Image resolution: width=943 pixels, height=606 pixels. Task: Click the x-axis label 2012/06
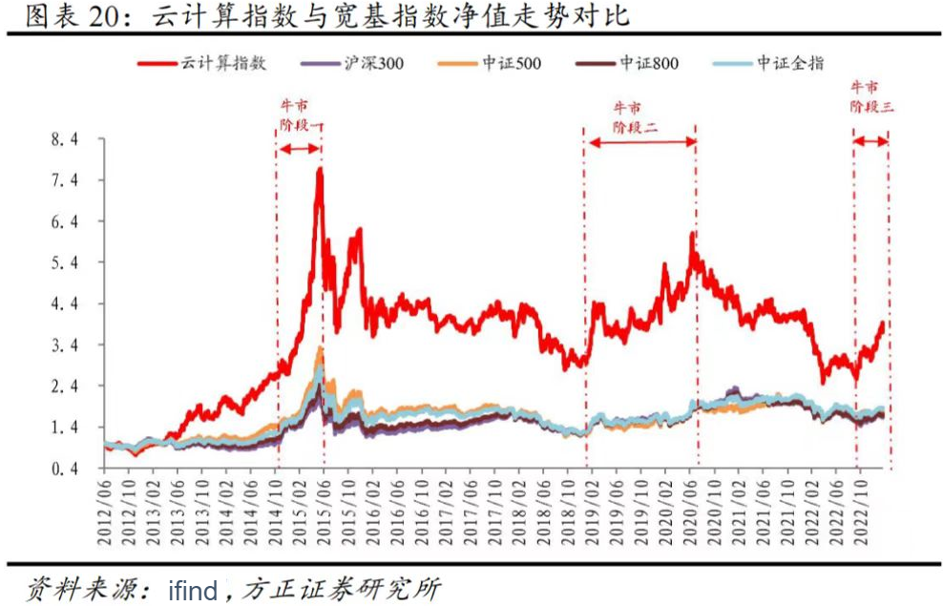click(x=106, y=511)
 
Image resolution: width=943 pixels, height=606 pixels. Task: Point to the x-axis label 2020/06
click(x=692, y=511)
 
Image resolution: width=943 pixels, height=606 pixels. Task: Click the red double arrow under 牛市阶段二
click(x=640, y=141)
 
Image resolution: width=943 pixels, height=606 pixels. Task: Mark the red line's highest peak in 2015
click(x=320, y=170)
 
